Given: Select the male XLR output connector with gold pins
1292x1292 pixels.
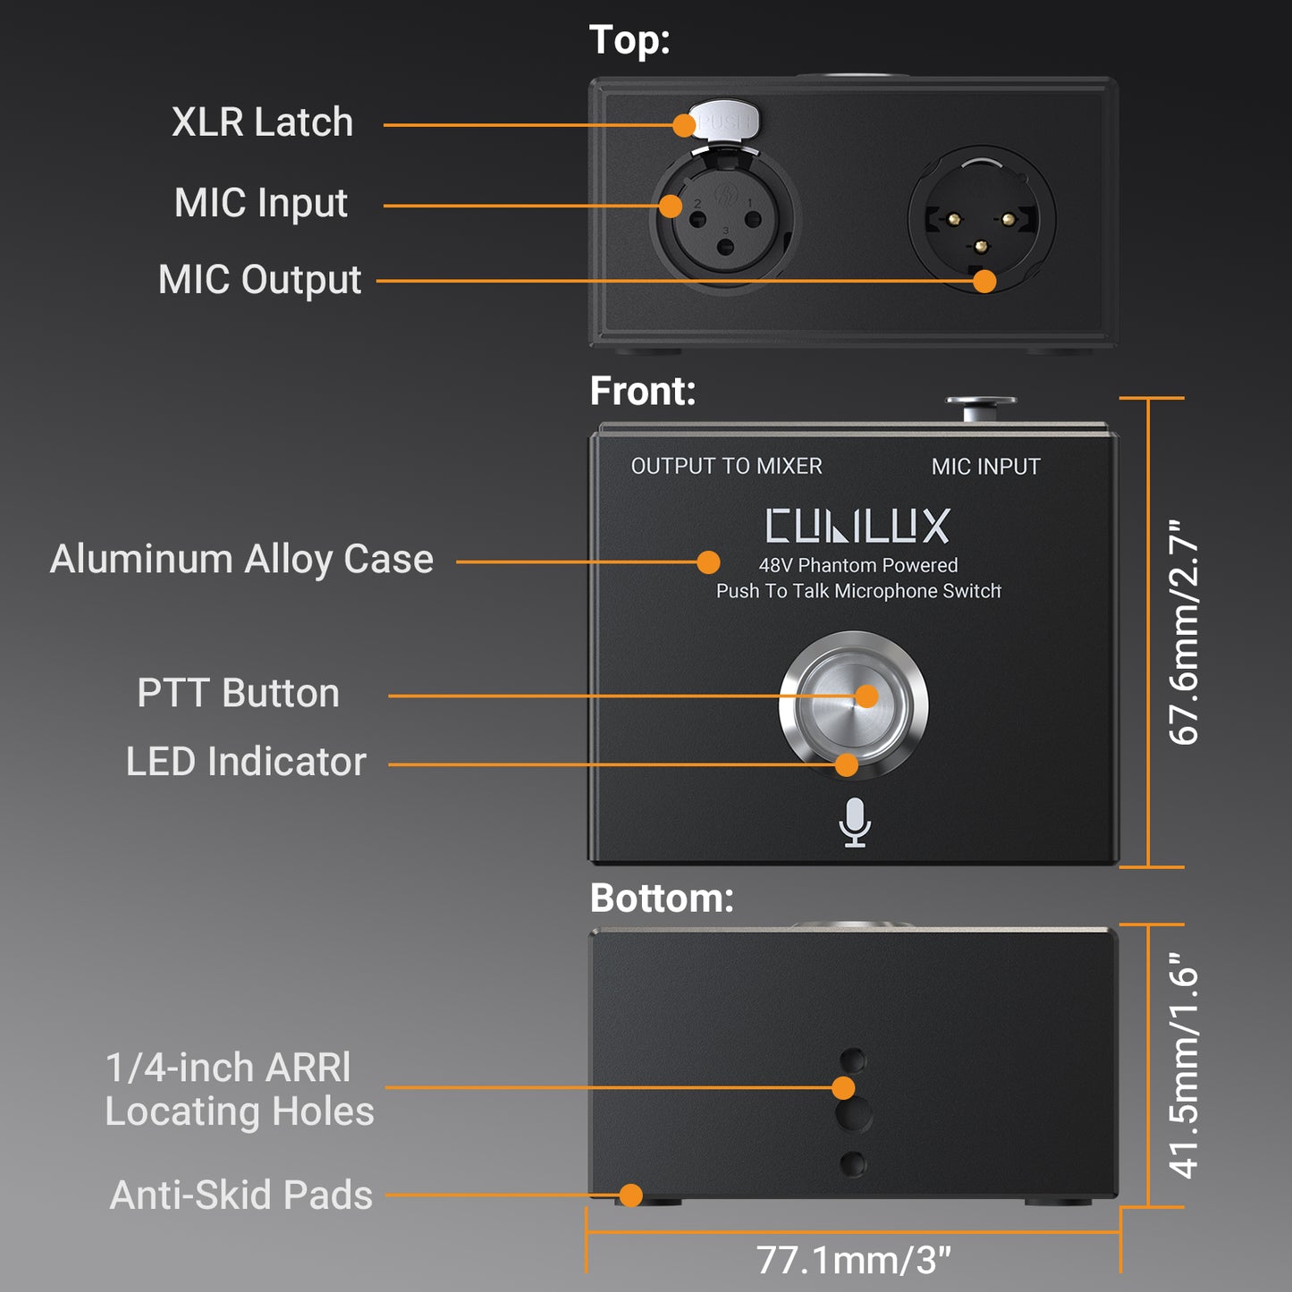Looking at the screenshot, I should click(982, 220).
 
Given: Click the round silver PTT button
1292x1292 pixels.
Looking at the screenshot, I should click(854, 704).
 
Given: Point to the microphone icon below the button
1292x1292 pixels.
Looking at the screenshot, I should click(855, 822).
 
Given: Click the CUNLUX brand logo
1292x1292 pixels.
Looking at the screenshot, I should click(857, 526).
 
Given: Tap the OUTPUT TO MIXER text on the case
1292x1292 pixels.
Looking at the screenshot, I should click(726, 466).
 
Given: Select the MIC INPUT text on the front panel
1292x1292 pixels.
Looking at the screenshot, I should click(985, 467).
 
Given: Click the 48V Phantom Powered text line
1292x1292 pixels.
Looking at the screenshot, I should click(857, 565).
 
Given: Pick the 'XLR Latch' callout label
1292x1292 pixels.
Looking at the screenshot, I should click(262, 122).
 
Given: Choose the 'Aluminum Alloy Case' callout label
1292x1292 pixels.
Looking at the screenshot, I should click(241, 560).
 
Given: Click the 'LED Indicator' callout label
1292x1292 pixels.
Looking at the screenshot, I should click(246, 763).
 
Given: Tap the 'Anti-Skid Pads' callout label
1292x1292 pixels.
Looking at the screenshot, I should click(241, 1195).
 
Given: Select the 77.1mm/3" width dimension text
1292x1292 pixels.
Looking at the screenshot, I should click(853, 1260).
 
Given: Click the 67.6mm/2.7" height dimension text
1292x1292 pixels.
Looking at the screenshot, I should click(1184, 632).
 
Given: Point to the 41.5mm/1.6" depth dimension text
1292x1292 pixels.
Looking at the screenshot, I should click(1184, 1065).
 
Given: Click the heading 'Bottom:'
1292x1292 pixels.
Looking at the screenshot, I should click(662, 899).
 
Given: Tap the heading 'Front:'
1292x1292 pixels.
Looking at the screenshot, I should click(642, 392).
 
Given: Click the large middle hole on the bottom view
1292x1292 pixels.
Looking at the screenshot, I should click(854, 1115).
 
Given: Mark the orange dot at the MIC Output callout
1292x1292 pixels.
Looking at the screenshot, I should click(984, 281).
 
